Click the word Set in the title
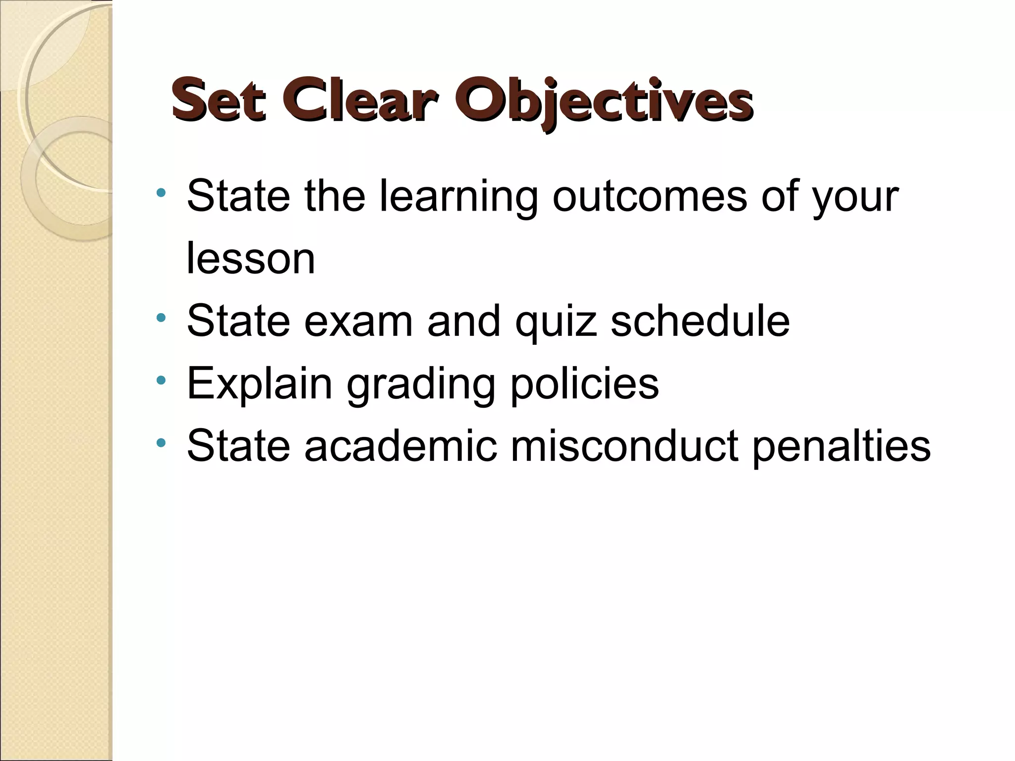click(219, 100)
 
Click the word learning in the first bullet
click(458, 198)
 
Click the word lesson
click(251, 259)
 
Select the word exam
click(358, 322)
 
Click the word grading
click(421, 385)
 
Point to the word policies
click(585, 384)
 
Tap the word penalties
click(841, 447)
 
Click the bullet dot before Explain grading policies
click(160, 380)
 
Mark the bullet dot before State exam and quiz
click(160, 317)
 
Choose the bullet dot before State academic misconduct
click(160, 442)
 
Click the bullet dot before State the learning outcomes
click(160, 192)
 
